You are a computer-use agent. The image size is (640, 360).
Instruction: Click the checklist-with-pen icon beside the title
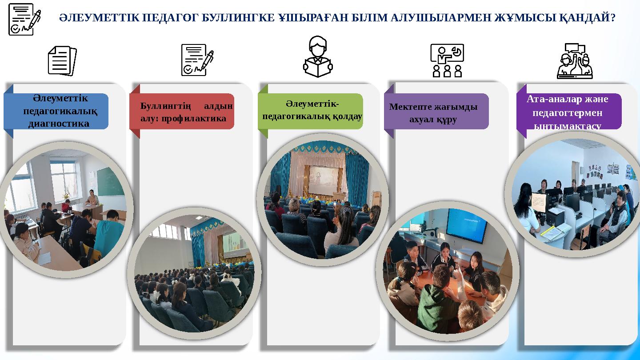[x=24, y=19]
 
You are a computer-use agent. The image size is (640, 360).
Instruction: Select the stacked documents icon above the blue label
[x=62, y=61]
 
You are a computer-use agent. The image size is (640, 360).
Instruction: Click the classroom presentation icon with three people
[x=447, y=60]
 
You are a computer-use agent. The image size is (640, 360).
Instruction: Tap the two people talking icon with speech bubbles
[x=574, y=61]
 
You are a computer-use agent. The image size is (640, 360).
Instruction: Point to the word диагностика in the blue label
[x=59, y=123]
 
